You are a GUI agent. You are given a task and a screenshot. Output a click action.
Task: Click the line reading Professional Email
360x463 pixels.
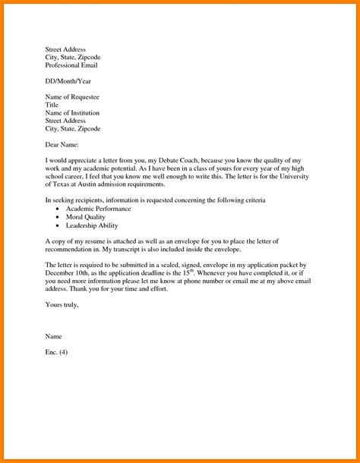73,65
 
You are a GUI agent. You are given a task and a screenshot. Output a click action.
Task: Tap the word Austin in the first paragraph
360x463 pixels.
96,184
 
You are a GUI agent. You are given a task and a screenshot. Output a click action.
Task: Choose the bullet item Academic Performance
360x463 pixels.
99,209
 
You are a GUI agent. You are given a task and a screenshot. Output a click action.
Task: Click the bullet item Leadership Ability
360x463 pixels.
92,225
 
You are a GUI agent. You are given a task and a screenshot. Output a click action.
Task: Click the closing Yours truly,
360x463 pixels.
62,304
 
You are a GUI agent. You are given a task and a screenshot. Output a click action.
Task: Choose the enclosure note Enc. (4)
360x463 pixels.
57,352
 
